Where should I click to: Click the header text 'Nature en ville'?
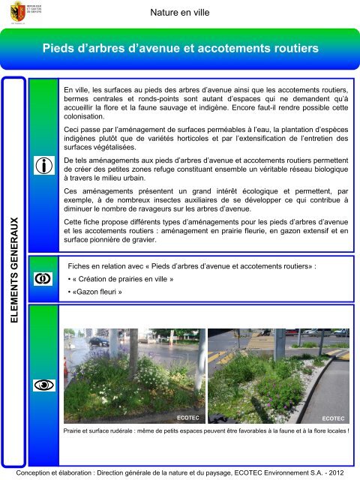[x=179, y=13]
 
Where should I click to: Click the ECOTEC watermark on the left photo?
[x=187, y=416]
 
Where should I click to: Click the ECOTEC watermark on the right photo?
[x=332, y=416]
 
